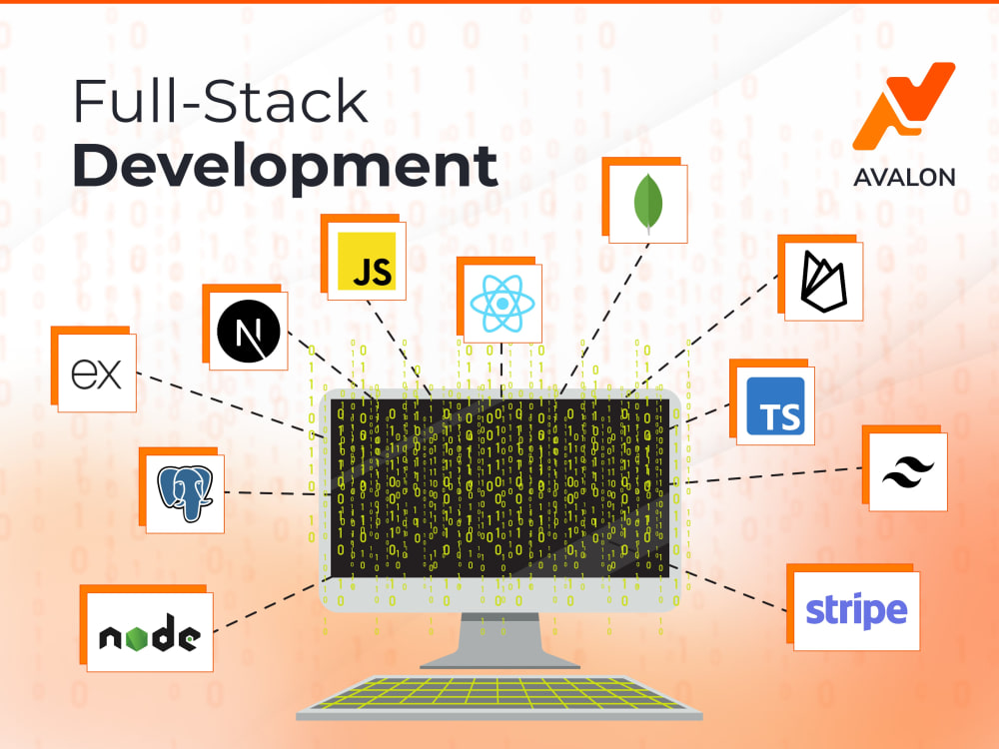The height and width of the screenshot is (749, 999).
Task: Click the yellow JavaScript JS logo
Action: click(367, 261)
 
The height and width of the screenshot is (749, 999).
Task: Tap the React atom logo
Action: click(502, 304)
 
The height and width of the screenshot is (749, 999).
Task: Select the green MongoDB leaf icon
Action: click(648, 203)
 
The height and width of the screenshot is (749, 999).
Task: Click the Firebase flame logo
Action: click(824, 282)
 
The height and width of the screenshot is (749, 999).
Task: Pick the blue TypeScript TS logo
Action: click(775, 406)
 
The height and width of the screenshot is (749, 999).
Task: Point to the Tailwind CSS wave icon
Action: click(908, 472)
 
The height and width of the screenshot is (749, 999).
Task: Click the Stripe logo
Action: click(856, 611)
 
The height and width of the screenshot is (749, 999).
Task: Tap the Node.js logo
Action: click(150, 633)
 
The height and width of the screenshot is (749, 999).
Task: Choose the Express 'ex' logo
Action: click(96, 374)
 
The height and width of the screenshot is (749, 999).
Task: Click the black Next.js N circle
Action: click(249, 332)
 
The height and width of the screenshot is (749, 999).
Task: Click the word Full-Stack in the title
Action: click(221, 101)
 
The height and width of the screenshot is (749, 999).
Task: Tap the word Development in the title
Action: click(285, 165)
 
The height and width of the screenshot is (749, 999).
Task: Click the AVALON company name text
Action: click(904, 177)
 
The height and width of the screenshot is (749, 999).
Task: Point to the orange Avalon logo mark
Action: click(903, 106)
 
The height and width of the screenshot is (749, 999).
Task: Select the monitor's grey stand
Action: click(500, 640)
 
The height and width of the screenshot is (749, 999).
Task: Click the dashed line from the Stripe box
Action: click(728, 588)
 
